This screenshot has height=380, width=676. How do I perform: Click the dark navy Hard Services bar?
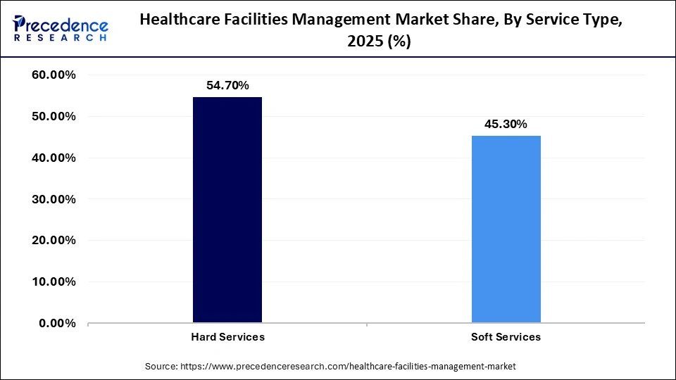pos(227,210)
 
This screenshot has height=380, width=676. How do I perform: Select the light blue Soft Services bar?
pos(506,229)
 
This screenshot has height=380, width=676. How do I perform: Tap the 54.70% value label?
pos(227,85)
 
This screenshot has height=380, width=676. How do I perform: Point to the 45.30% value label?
pos(506,124)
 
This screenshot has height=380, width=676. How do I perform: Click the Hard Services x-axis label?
pos(227,337)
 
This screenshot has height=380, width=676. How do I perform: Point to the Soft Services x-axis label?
pos(506,337)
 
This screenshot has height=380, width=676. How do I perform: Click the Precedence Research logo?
pos(61,28)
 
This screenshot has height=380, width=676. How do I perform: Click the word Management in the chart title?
pos(339,20)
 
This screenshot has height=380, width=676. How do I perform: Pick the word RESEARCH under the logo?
pos(61,38)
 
